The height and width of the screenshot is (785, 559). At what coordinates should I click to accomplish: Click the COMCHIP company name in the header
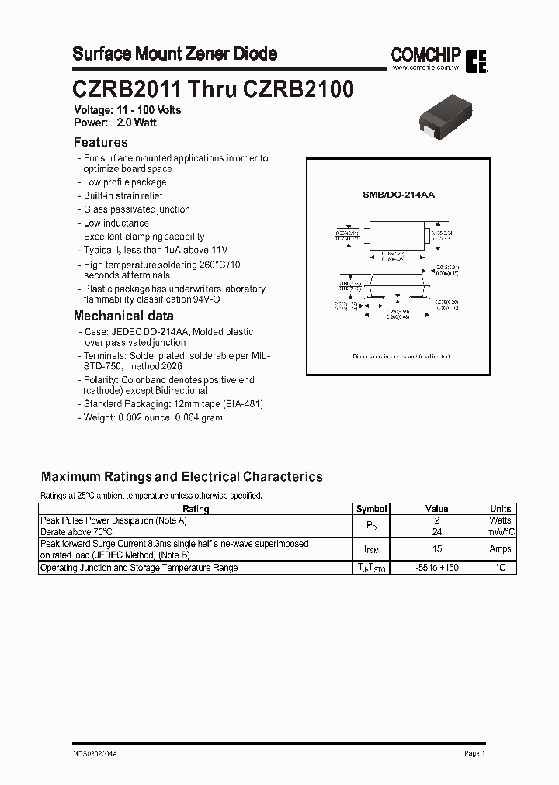[x=425, y=55]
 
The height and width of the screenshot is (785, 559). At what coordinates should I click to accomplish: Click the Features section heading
[x=100, y=142]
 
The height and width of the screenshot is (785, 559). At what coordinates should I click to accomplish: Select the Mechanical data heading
[x=123, y=316]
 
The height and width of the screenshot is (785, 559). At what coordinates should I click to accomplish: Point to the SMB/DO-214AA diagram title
[x=398, y=195]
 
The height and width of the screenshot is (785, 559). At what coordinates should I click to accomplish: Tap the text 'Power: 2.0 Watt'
[x=115, y=123]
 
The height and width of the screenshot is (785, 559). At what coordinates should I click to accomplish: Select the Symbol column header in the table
[x=371, y=509]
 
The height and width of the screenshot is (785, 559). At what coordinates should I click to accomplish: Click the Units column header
[x=500, y=509]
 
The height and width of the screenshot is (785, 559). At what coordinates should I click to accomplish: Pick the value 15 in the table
[x=437, y=549]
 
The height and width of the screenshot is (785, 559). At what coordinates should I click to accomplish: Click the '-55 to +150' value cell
[x=437, y=568]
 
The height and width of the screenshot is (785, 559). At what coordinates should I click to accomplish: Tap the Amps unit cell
[x=500, y=549]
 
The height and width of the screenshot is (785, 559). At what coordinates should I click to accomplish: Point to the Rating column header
[x=195, y=509]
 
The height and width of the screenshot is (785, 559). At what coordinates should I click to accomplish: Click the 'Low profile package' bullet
[x=124, y=182]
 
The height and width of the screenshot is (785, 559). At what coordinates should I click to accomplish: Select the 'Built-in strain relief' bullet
[x=123, y=195]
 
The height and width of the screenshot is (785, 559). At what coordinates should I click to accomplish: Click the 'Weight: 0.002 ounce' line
[x=152, y=417]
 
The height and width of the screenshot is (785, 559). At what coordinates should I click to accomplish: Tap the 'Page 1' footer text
[x=474, y=753]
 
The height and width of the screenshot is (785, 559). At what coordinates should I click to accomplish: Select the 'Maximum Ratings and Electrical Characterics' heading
[x=182, y=477]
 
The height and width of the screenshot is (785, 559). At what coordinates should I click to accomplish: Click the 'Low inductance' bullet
[x=116, y=223]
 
